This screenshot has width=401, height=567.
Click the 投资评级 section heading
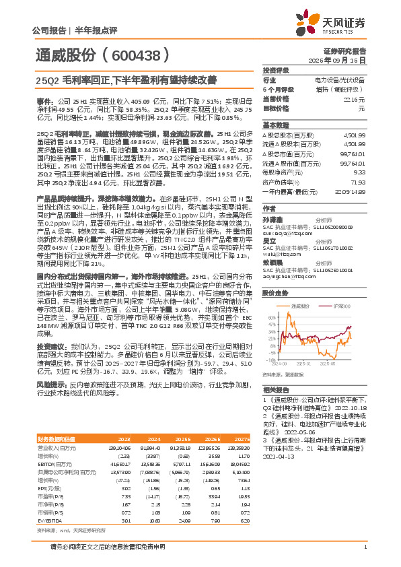click(275, 70)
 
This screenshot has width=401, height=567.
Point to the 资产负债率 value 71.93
click(357, 182)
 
